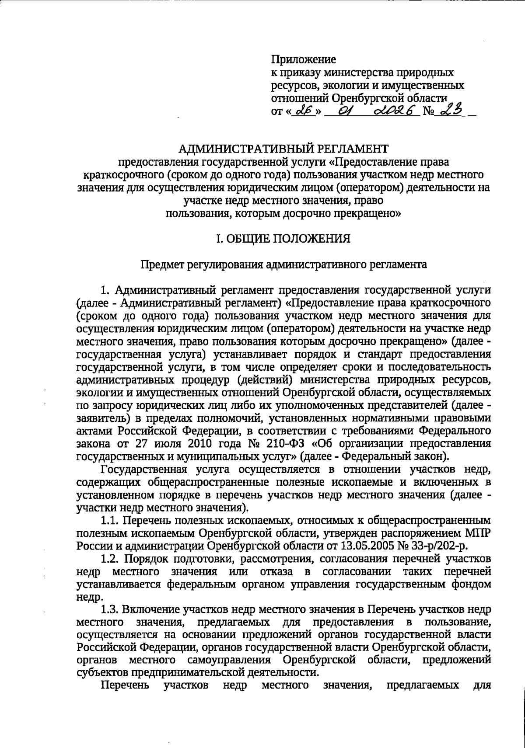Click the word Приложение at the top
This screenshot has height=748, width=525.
304,59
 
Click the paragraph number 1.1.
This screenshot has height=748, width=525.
109,520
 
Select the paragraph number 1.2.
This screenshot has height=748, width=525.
109,559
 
